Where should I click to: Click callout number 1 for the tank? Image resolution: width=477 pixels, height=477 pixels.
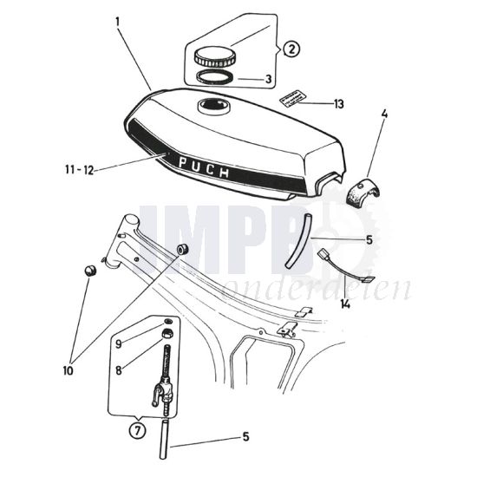pyautogui.click(x=117, y=18)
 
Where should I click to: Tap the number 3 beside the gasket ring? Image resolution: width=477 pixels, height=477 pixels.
pyautogui.click(x=268, y=80)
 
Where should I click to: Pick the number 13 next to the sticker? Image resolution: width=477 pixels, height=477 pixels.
pyautogui.click(x=337, y=104)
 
